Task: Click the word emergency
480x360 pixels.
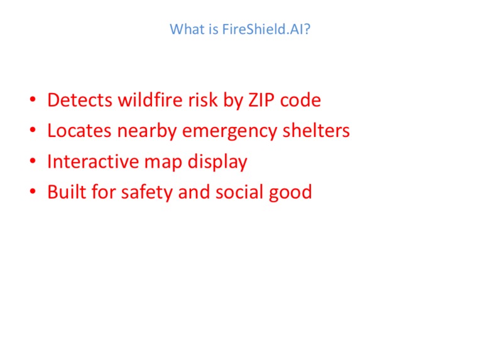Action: coord(231,131)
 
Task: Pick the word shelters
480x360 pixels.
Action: coord(315,131)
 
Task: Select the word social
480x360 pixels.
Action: coord(240,192)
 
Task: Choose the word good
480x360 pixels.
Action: coord(292,192)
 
